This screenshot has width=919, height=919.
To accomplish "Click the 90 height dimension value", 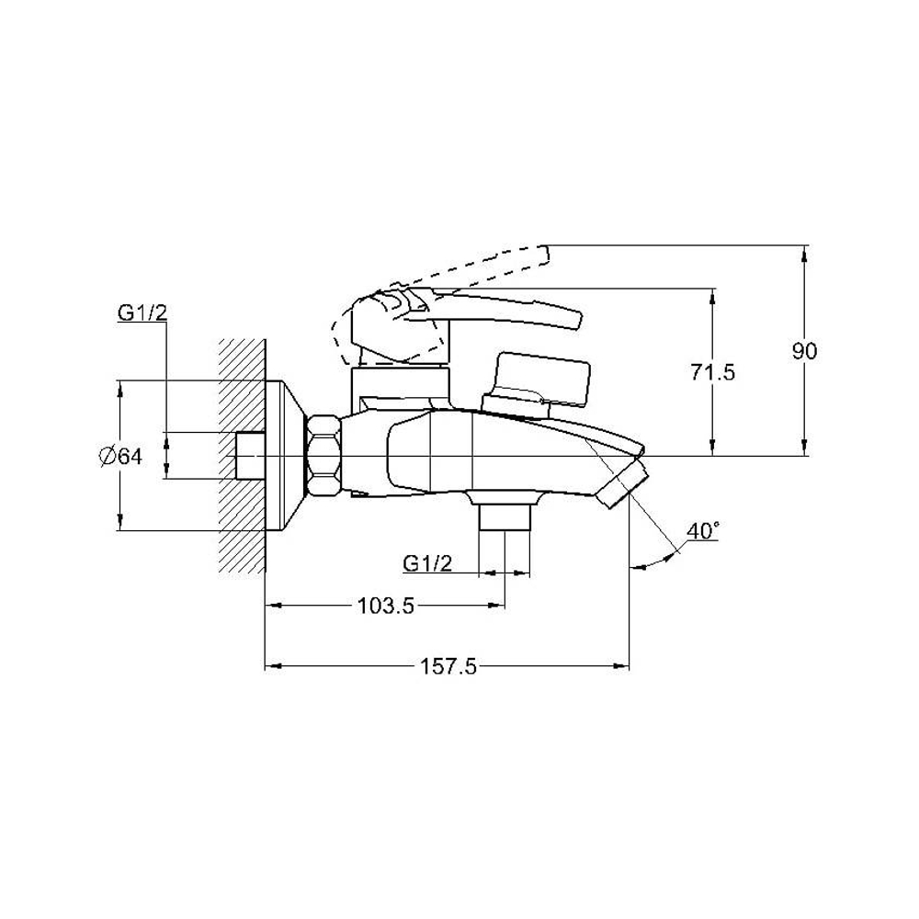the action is pyautogui.click(x=804, y=352).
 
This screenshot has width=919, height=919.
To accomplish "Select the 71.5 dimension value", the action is pyautogui.click(x=711, y=372).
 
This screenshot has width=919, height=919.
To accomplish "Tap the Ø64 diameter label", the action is pyautogui.click(x=120, y=456).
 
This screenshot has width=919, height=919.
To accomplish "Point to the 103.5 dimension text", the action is pyautogui.click(x=386, y=606).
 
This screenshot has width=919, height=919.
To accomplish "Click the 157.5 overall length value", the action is pyautogui.click(x=448, y=666).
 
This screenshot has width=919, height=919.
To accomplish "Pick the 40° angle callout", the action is pyautogui.click(x=703, y=531).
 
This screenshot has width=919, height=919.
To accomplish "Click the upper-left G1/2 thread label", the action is pyautogui.click(x=142, y=312).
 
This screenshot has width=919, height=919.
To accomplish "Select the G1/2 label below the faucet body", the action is pyautogui.click(x=428, y=563).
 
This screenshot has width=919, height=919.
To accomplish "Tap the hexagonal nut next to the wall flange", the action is pyautogui.click(x=323, y=457).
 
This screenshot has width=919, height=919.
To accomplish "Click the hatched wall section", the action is pyautogui.click(x=242, y=456).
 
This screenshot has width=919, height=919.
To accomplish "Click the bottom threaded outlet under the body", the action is pyautogui.click(x=505, y=516).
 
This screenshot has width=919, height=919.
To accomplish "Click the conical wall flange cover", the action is pyautogui.click(x=285, y=456).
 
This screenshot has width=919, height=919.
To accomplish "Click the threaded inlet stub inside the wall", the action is pyautogui.click(x=250, y=456).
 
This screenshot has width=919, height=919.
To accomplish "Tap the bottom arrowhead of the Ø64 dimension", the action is pyautogui.click(x=120, y=521).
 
